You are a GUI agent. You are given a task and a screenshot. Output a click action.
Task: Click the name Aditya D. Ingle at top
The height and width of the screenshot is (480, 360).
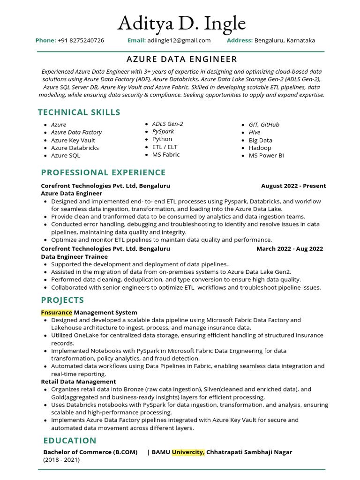[x=181, y=22]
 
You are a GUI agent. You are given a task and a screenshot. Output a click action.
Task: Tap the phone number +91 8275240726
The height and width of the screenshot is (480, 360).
[x=81, y=40]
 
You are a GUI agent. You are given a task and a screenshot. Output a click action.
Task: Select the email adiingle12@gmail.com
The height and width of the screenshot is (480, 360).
[x=179, y=40]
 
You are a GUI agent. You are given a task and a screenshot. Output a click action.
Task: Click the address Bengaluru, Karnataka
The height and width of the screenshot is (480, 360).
[x=285, y=40]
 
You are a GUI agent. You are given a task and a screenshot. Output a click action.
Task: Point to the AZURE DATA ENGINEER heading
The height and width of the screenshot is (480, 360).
[x=182, y=59]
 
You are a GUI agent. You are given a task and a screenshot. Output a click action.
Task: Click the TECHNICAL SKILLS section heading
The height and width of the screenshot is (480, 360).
[x=79, y=112]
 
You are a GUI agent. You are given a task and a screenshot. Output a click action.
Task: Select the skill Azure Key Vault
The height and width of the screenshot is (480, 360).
[x=73, y=140]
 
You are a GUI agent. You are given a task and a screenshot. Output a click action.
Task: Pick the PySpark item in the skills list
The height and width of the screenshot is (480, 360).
[x=163, y=132]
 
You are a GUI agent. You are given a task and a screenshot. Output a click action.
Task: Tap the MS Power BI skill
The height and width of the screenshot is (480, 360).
[x=266, y=155]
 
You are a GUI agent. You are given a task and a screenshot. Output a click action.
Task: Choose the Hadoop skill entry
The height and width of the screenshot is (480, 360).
[x=260, y=148]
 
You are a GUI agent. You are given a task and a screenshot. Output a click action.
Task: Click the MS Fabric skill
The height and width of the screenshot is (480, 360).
[x=166, y=155]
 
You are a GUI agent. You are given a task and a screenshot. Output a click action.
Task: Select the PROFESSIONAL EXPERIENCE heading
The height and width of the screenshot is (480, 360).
[x=103, y=172]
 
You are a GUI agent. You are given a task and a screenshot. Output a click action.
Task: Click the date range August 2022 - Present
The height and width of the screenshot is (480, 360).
[x=293, y=186]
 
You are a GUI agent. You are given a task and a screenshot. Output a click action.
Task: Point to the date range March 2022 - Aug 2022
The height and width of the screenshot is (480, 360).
[x=290, y=248]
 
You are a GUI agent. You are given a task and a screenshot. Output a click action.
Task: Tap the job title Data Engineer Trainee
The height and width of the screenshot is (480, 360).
[x=74, y=256]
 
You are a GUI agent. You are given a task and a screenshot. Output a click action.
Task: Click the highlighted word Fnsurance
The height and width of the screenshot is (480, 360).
[x=56, y=312]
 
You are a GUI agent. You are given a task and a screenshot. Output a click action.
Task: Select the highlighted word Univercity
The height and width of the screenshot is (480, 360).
[x=188, y=452]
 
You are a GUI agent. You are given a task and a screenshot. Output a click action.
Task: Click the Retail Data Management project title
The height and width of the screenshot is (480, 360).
[x=78, y=382]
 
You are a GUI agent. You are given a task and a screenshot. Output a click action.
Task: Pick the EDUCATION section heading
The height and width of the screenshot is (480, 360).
[x=70, y=441]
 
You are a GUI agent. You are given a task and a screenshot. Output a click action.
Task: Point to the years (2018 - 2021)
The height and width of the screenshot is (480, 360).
[x=61, y=460]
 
